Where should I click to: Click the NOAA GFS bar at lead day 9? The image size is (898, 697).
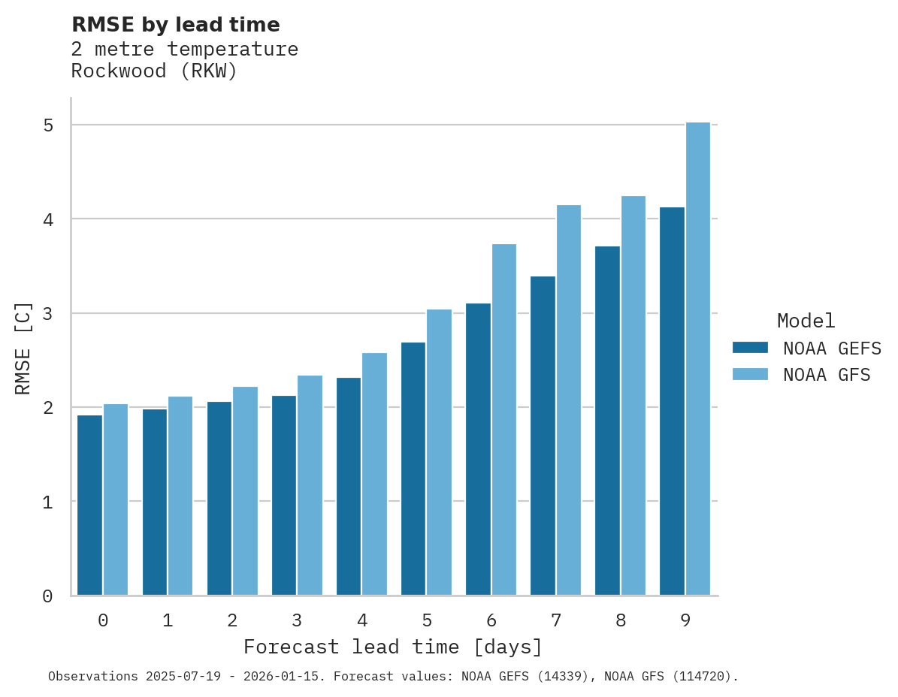[698, 359]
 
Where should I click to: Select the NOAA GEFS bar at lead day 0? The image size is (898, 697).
[90, 505]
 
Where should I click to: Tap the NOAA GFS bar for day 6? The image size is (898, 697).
[504, 420]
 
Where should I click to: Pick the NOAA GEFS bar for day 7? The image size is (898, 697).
[543, 436]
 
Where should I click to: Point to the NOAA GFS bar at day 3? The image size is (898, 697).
[310, 485]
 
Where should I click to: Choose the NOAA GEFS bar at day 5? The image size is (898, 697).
[413, 469]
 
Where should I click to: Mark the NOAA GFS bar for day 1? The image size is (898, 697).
[180, 496]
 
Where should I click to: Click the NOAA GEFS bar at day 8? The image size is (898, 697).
[607, 421]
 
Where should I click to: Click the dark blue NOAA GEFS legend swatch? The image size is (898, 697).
[750, 348]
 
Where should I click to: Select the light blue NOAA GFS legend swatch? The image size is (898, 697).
[750, 374]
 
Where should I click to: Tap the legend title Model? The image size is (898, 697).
[806, 321]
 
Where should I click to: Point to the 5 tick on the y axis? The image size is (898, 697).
[48, 125]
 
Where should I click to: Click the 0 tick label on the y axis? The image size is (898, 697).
[48, 596]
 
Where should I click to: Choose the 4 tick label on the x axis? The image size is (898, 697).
[362, 621]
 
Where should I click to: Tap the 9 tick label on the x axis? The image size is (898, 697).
[685, 621]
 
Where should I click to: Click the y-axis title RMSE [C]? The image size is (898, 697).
[23, 348]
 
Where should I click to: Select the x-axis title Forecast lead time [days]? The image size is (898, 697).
[392, 647]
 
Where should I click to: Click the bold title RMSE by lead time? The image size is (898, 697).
[175, 25]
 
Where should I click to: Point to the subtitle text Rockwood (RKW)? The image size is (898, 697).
[154, 71]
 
